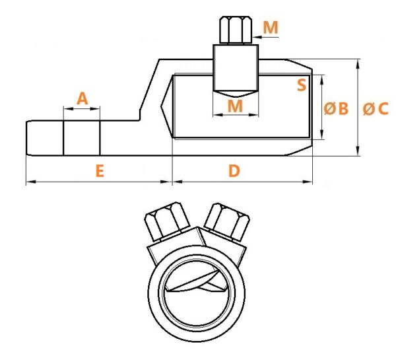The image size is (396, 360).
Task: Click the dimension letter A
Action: [82, 99]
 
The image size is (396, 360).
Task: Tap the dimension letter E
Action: [100, 171]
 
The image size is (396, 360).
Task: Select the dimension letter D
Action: [234, 171]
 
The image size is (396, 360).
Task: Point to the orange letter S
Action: [302, 85]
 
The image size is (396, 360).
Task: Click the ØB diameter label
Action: [336, 109]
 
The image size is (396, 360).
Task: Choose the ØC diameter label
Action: [376, 109]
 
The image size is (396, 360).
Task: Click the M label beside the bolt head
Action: [271, 27]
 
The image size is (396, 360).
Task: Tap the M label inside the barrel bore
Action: [235, 106]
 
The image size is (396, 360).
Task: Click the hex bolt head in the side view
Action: [236, 30]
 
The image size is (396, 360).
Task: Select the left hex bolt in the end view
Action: [167, 221]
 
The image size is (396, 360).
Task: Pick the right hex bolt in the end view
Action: [227, 222]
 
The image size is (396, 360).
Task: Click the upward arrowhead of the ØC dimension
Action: [358, 64]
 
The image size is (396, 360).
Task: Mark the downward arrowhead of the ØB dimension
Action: [322, 133]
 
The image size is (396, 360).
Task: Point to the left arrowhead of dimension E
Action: [31, 182]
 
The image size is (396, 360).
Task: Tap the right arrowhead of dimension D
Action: [308, 182]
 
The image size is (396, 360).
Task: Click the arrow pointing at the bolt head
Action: [266, 37]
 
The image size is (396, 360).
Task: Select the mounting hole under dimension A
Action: [82, 138]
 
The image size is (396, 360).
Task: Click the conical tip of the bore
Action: [167, 107]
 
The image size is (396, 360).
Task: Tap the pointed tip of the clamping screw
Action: [236, 94]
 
